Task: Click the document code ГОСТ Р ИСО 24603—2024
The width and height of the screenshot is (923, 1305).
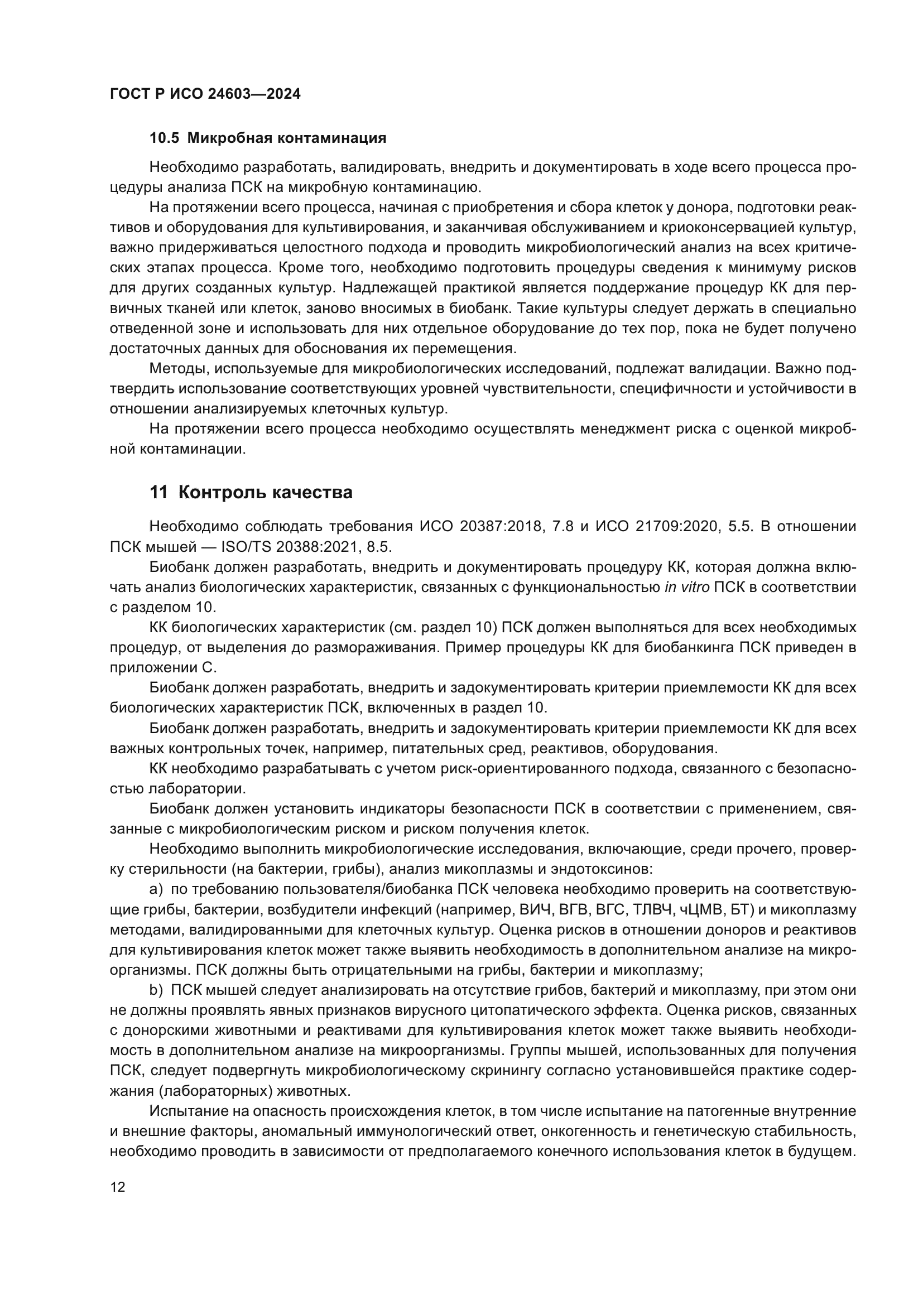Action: (205, 94)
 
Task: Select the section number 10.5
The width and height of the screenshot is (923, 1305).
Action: (164, 138)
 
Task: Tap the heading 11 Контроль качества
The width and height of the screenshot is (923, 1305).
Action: (251, 492)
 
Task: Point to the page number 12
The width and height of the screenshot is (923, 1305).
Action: (118, 1187)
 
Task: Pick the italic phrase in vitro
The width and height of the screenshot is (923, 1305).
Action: (686, 587)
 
